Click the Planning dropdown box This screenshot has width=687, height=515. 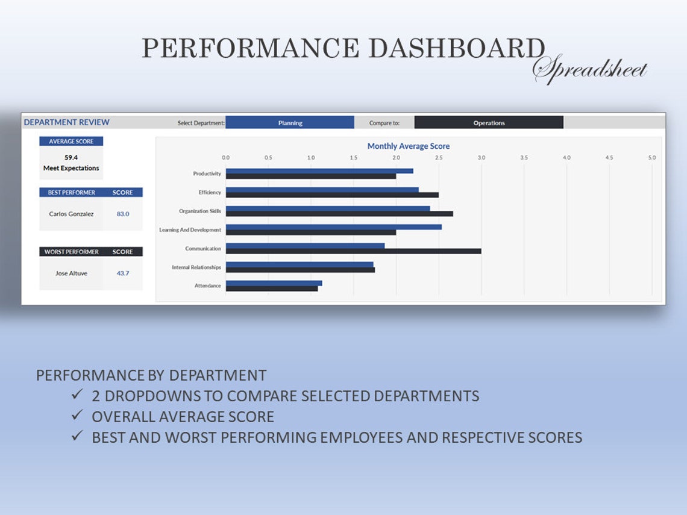pos(290,123)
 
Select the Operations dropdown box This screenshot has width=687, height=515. pos(489,123)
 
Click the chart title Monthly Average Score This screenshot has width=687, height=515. pos(408,146)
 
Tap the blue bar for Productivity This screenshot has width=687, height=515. pos(319,171)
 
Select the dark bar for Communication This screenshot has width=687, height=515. pos(353,251)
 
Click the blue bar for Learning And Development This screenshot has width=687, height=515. pos(333,227)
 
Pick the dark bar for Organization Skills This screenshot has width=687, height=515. pos(339,214)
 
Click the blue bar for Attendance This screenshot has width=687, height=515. pos(274,283)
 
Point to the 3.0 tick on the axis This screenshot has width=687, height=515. pos(481,157)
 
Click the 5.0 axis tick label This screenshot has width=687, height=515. pos(651,157)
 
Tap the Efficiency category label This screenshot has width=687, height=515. pos(210,193)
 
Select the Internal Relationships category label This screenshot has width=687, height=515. pos(196,267)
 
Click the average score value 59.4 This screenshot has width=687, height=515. pos(71,158)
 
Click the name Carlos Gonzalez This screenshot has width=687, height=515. pos(71,214)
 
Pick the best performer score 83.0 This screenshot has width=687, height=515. pos(123,214)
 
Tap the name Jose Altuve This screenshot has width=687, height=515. pos(71,273)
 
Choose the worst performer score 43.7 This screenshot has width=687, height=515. pos(123,273)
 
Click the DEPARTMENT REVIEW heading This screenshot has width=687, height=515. pos(66,122)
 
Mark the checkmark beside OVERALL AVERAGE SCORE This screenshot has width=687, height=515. pos(77,416)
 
